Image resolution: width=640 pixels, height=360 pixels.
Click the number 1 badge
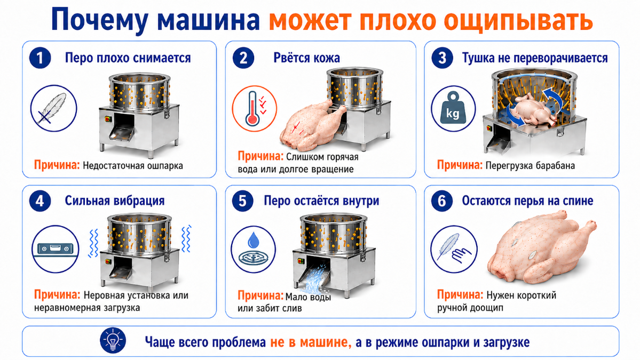40,58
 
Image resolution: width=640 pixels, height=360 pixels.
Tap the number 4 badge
40,201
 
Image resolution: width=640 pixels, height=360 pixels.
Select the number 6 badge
441,201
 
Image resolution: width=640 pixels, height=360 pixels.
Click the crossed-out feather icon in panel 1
53,108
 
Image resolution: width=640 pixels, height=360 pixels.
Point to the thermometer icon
254,108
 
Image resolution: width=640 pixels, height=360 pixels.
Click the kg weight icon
453,108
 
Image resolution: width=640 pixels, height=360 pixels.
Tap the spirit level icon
55,249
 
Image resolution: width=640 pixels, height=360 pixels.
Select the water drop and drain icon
254,249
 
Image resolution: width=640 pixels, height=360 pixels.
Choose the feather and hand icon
454,249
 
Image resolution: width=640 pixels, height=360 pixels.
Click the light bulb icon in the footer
113,341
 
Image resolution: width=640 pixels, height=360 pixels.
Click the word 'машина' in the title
208,20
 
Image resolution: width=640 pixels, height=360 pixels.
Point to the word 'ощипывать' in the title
518,21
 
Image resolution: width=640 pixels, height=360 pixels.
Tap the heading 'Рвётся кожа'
306,58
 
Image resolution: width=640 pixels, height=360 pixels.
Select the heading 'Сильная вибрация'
115,201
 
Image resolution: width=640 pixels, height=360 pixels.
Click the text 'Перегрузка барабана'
530,166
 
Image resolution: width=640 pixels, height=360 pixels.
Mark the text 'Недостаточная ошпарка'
133,166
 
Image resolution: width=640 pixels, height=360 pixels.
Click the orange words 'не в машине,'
311,342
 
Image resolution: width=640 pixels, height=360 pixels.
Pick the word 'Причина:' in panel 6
460,295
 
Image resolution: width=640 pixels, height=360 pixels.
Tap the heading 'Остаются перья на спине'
527,201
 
